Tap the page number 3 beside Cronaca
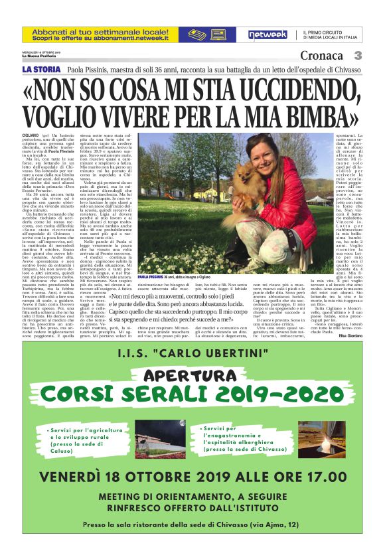coord(357,55)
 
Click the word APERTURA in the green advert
coord(192,375)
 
